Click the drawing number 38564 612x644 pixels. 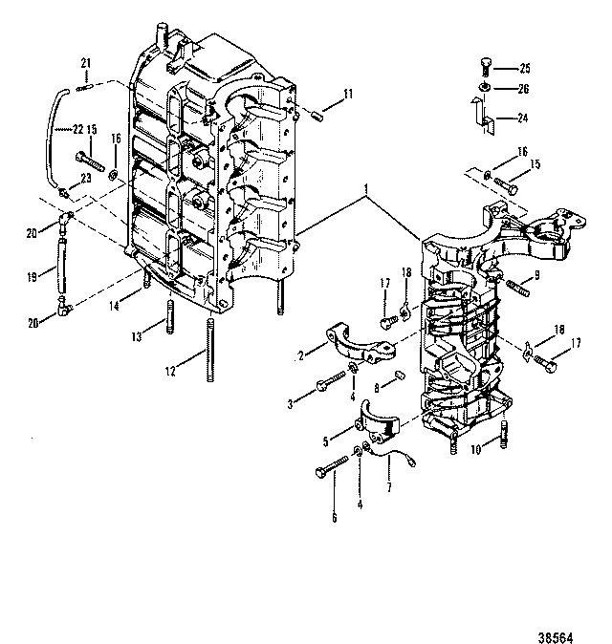(x=556, y=637)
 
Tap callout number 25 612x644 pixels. (x=525, y=68)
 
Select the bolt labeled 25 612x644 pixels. (x=486, y=67)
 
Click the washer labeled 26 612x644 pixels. (x=485, y=88)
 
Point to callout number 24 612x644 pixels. (x=522, y=118)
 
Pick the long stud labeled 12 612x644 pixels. (x=210, y=350)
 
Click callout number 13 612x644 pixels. (x=137, y=336)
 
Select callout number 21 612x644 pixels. (x=85, y=63)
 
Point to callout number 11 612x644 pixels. (x=348, y=94)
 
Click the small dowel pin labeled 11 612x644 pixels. (x=318, y=116)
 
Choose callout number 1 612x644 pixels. (x=365, y=189)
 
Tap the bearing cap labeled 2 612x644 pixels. (x=361, y=343)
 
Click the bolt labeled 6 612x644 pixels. (x=331, y=468)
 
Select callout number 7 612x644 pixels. (x=389, y=487)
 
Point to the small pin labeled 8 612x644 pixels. (x=401, y=376)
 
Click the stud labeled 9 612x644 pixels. (x=518, y=288)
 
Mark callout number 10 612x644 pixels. (x=475, y=449)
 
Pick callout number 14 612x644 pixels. (x=114, y=306)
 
